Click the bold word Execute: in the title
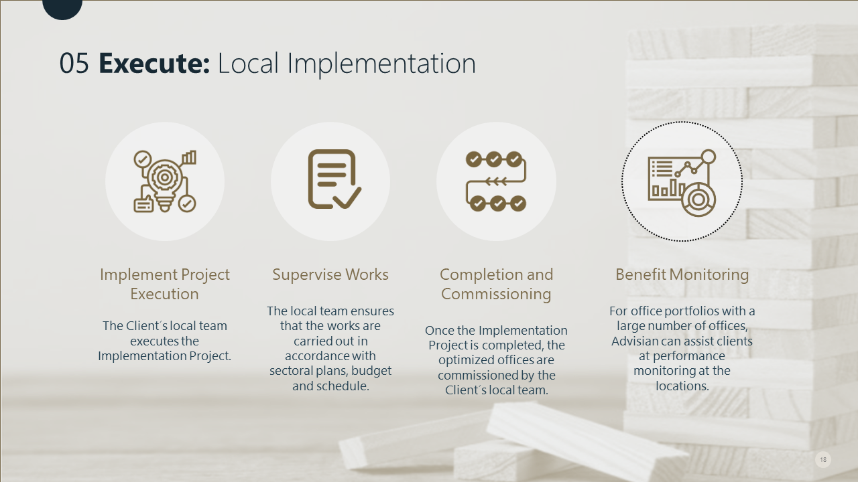click(154, 63)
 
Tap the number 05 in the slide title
click(74, 63)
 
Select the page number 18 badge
click(823, 459)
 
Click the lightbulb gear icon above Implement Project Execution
click(165, 181)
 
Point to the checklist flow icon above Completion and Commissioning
click(496, 181)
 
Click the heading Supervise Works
click(330, 274)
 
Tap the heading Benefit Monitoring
click(682, 274)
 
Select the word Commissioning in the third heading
click(496, 294)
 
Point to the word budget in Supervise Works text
click(371, 371)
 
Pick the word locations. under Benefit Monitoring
click(682, 386)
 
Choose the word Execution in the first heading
click(164, 294)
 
